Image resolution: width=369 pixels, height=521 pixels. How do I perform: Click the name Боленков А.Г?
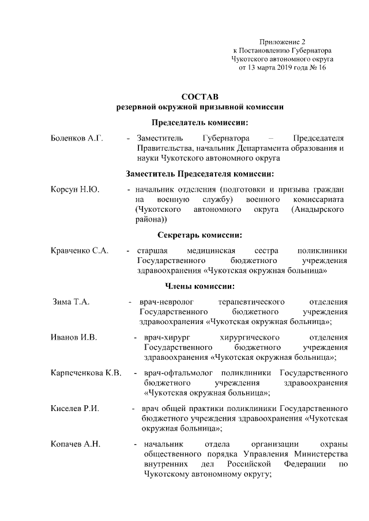click(76, 139)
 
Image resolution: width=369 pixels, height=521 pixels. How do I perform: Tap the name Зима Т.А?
click(70, 302)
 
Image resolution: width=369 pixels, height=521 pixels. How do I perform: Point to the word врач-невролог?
click(165, 302)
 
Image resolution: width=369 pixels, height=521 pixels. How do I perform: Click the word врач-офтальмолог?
click(177, 373)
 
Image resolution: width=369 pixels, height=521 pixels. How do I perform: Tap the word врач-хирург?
click(167, 337)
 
